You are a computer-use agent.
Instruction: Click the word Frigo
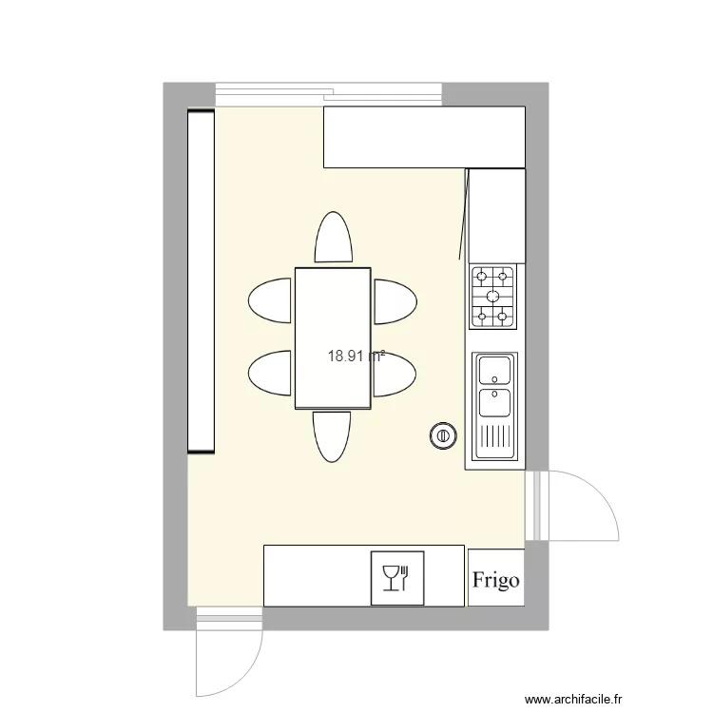pos(495,579)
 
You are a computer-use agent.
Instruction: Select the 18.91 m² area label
pos(356,356)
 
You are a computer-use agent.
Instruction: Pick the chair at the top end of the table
pos(333,238)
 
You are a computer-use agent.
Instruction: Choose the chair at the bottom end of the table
pos(332,436)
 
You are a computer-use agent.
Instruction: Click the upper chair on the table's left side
pos(271,301)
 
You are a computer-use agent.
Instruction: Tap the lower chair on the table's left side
pos(271,373)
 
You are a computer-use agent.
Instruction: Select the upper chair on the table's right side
pos(394,301)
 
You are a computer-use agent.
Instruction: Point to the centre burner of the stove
pos(493,296)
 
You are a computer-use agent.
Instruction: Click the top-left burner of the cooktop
pos(482,278)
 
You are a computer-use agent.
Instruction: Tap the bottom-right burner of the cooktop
pos(505,316)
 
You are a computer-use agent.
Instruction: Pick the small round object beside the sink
pos(441,436)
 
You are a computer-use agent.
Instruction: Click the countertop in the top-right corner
pos(424,137)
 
